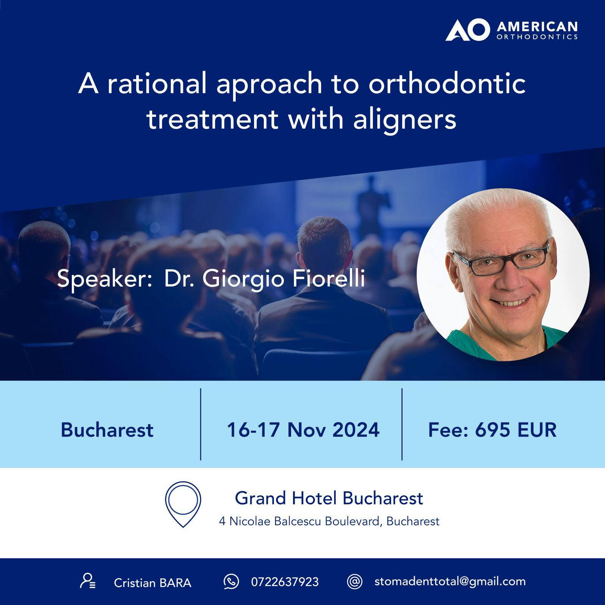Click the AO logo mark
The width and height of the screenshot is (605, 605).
click(x=467, y=30)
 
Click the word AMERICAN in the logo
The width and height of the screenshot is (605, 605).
click(x=537, y=27)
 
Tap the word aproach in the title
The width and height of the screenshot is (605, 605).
click(x=268, y=85)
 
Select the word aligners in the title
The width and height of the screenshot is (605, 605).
click(x=405, y=119)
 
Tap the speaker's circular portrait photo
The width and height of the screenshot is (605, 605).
click(x=503, y=275)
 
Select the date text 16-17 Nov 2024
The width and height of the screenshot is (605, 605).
click(x=303, y=430)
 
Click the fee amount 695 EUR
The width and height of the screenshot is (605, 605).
click(x=516, y=430)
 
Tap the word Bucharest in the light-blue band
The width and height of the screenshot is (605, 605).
click(x=107, y=430)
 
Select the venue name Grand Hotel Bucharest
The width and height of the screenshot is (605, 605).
click(x=329, y=498)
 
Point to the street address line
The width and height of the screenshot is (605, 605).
click(x=329, y=521)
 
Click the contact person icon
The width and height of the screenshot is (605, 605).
click(x=88, y=581)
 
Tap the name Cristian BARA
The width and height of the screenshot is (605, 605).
click(x=152, y=583)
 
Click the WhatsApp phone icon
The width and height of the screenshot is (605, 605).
click(x=231, y=582)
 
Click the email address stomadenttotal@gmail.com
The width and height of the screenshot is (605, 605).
click(x=450, y=582)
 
